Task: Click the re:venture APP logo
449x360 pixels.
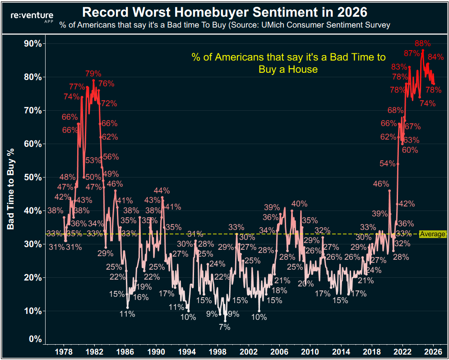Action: pos(32,17)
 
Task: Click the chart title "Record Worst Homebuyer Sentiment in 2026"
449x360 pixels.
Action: pos(225,11)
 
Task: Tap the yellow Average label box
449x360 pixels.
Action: pos(433,234)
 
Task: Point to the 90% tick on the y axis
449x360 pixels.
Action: pos(33,44)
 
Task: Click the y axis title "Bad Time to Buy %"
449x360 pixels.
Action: pos(11,189)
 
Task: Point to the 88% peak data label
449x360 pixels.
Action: pos(422,44)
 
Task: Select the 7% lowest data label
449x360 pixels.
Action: pos(224,327)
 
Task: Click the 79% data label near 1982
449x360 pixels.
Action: pos(93,73)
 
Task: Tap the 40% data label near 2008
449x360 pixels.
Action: pos(299,204)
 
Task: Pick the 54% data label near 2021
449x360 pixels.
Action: pos(387,164)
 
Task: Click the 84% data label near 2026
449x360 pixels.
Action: pos(435,57)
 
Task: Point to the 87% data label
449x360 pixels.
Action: pos(412,53)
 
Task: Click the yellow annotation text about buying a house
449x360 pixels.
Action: pos(288,63)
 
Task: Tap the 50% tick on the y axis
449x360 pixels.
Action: pos(33,178)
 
